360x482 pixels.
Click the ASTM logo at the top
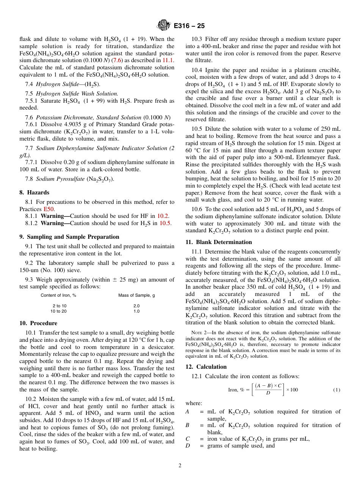point(164,25)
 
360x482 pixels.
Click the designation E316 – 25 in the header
point(189,26)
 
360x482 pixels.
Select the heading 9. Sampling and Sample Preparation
point(69,237)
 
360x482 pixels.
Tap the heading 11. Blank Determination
point(219,242)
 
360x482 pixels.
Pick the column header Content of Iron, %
point(58,295)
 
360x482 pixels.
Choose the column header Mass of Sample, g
point(136,295)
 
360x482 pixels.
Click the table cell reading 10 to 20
point(58,311)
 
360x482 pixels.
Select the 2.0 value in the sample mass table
point(136,306)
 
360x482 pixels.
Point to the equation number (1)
point(337,390)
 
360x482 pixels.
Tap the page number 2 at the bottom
point(180,465)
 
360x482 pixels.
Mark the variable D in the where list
point(188,446)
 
